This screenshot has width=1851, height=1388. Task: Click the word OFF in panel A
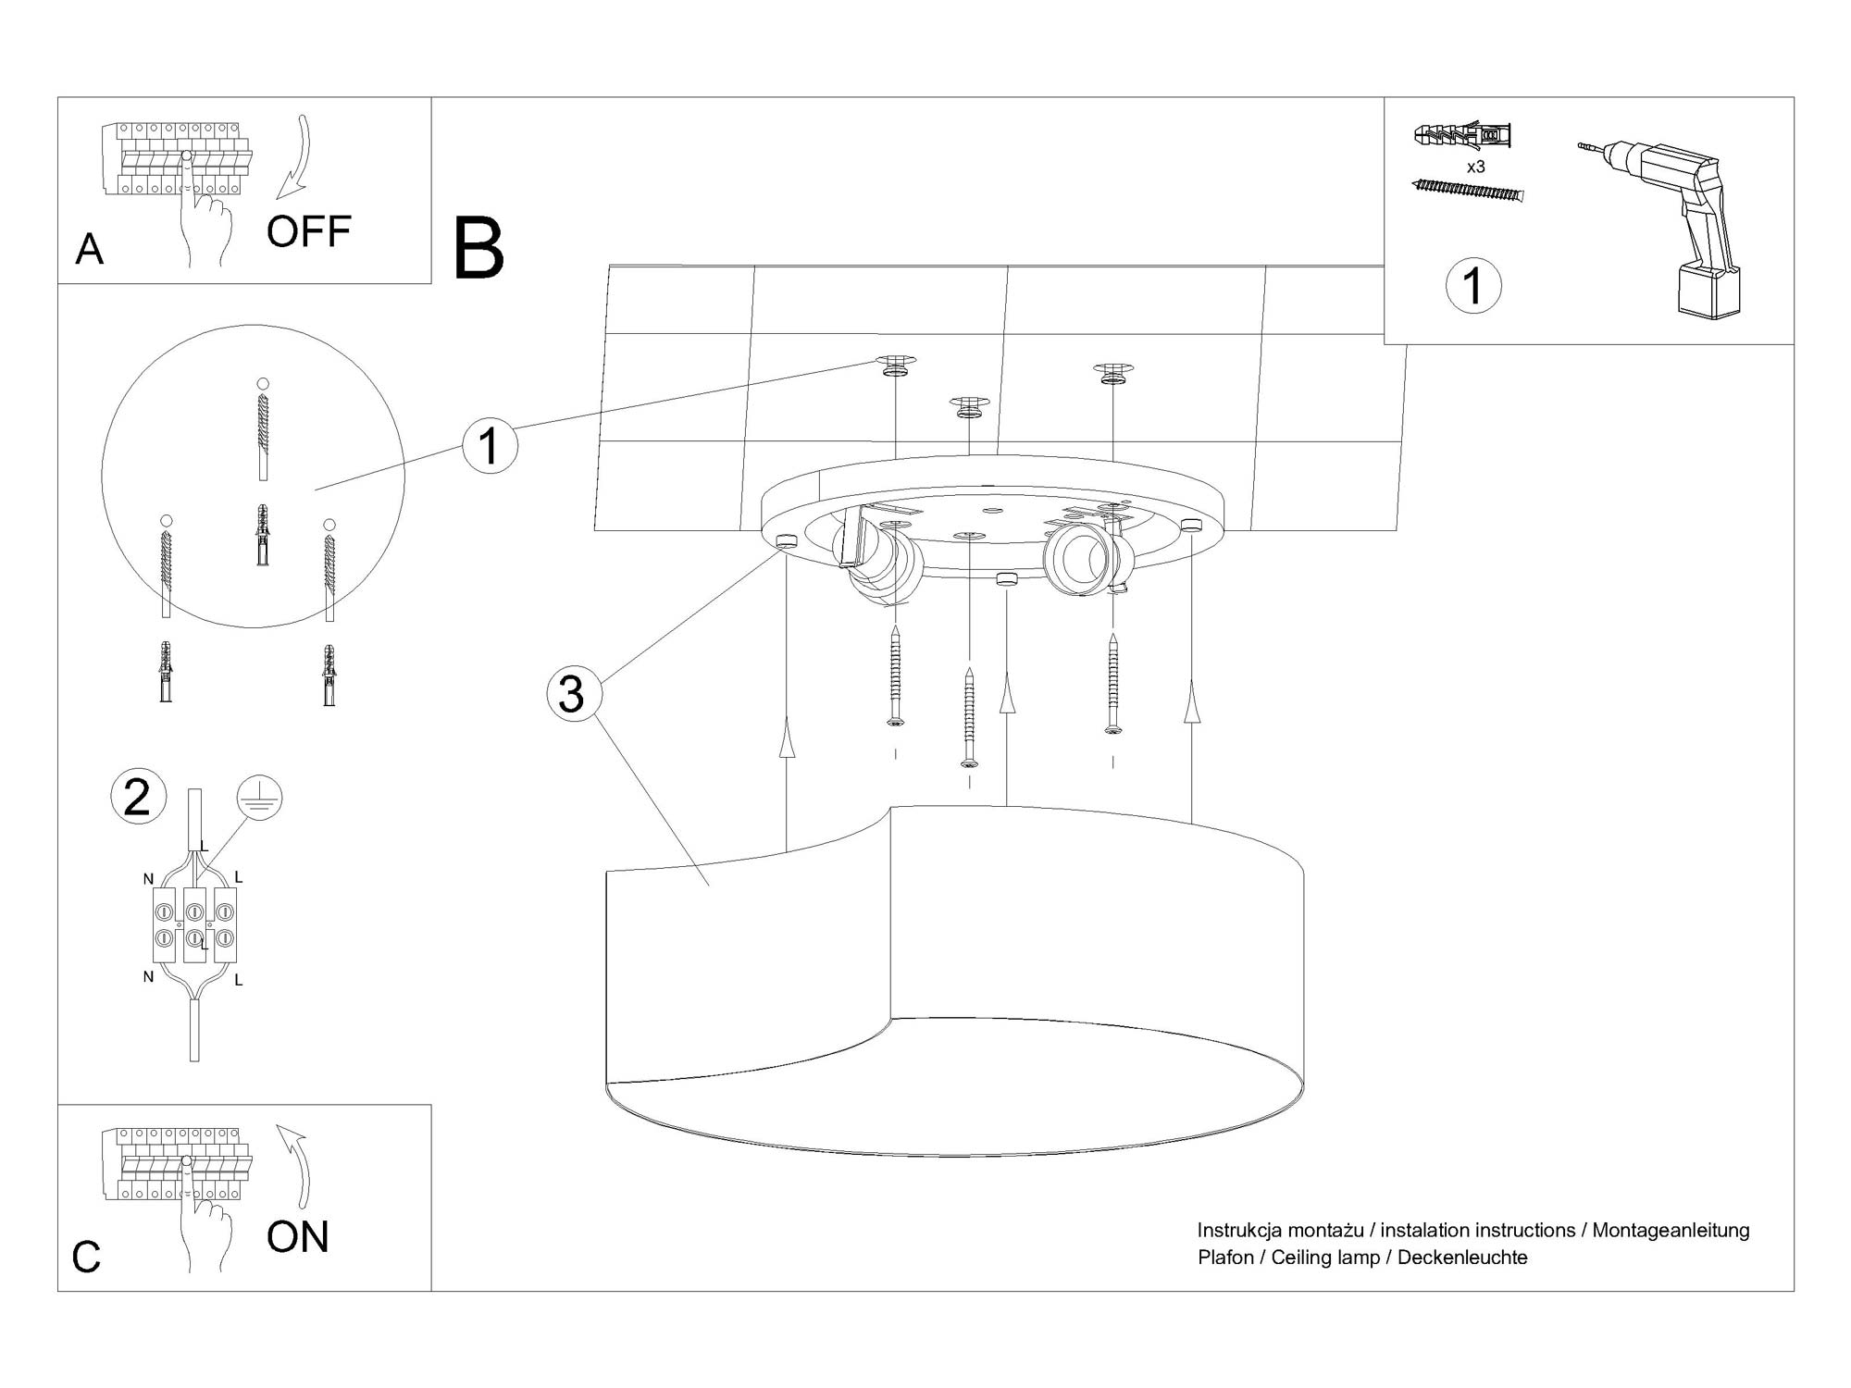tap(308, 231)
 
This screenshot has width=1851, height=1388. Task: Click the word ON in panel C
tap(297, 1237)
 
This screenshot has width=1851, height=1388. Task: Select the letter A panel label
tap(89, 249)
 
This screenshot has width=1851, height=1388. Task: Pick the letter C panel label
tap(86, 1257)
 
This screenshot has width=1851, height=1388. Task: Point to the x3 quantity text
tap(1476, 167)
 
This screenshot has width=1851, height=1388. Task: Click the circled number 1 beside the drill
tap(1473, 285)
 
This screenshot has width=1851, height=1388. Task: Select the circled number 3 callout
tap(574, 694)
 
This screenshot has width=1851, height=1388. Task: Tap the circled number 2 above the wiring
tap(138, 797)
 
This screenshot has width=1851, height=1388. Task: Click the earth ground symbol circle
tap(259, 798)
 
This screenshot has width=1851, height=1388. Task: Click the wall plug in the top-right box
tap(1462, 137)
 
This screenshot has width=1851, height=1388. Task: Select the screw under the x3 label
tap(1467, 190)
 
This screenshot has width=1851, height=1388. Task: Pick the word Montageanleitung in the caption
tap(1671, 1231)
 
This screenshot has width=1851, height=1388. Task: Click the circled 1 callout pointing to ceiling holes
tap(490, 445)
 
